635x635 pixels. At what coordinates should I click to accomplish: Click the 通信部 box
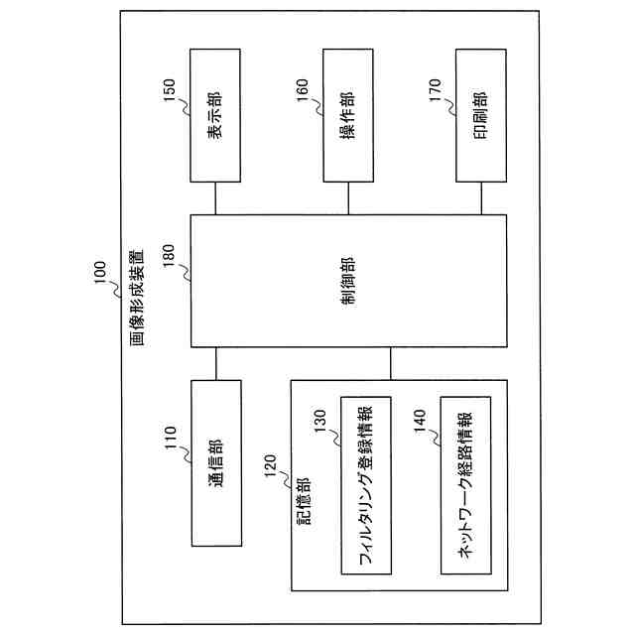pyautogui.click(x=215, y=461)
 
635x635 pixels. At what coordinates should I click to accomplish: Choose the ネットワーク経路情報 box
pyautogui.click(x=463, y=485)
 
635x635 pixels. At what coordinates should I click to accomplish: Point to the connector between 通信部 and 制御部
pyautogui.click(x=215, y=363)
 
